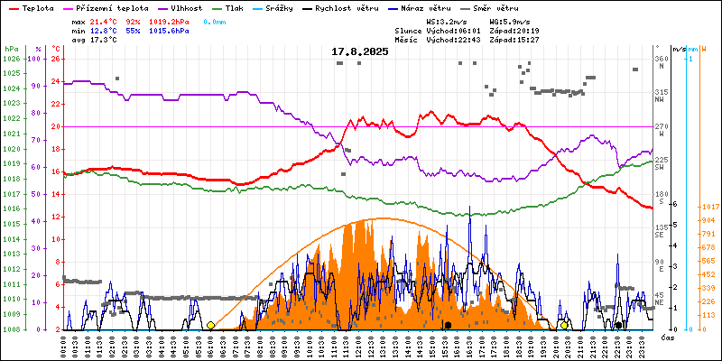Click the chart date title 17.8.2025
pyautogui.click(x=359, y=51)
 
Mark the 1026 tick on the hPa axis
pyautogui.click(x=11, y=59)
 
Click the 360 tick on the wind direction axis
pyautogui.click(x=660, y=59)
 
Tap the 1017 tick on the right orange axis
pyautogui.click(x=709, y=206)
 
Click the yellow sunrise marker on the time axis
pyautogui.click(x=210, y=325)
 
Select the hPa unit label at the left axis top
pyautogui.click(x=11, y=48)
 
